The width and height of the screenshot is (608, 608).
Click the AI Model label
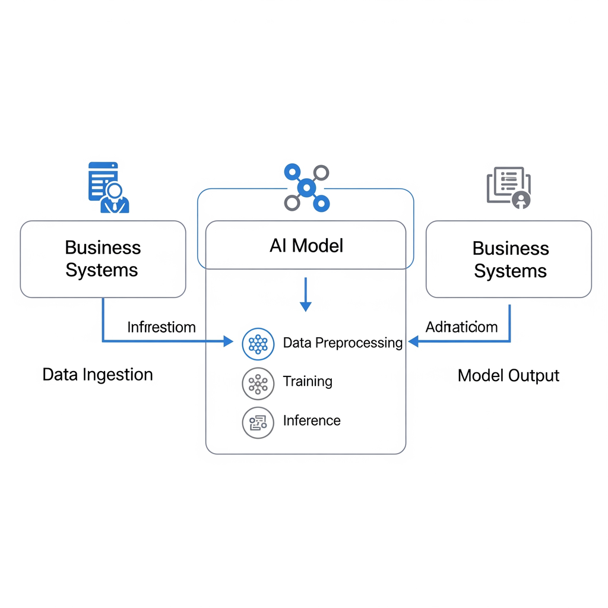(306, 245)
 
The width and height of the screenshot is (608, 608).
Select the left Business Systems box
(103, 259)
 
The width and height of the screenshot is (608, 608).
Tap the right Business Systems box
(509, 259)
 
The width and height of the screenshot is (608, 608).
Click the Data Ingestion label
(97, 375)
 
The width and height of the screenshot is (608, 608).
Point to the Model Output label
(508, 375)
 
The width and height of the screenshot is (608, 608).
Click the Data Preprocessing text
(343, 343)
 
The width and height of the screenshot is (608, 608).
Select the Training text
(308, 381)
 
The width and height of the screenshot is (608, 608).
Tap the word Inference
(312, 420)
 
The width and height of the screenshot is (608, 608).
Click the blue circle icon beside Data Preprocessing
(258, 344)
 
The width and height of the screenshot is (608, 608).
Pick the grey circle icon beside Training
(258, 384)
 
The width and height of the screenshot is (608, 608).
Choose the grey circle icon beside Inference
(258, 423)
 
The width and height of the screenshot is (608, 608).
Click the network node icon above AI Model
(306, 188)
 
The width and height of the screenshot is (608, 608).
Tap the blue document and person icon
(108, 188)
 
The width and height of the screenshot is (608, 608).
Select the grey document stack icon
(509, 187)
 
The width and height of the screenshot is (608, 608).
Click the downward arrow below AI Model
(305, 295)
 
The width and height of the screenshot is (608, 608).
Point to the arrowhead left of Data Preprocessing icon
(228, 341)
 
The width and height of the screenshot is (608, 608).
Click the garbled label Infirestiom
(161, 327)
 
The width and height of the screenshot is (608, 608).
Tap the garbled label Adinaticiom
(461, 327)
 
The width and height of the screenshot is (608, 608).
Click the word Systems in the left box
(102, 270)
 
